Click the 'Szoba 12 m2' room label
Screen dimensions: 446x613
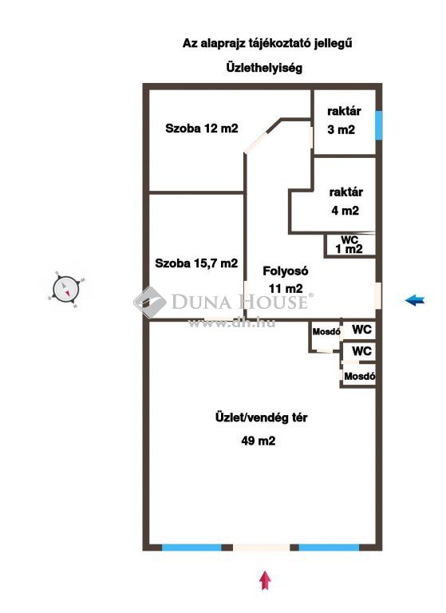pyautogui.click(x=202, y=129)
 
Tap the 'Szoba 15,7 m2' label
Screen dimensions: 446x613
pyautogui.click(x=196, y=263)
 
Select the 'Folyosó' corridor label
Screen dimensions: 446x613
pyautogui.click(x=286, y=271)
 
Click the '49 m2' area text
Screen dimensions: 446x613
pyautogui.click(x=259, y=441)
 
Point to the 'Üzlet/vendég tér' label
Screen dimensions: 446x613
pyautogui.click(x=261, y=417)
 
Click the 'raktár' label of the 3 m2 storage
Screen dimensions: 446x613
pyautogui.click(x=344, y=111)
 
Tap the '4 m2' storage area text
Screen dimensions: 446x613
pyautogui.click(x=345, y=211)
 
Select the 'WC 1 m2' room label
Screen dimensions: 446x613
pyautogui.click(x=349, y=245)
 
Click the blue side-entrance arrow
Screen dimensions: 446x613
pyautogui.click(x=415, y=300)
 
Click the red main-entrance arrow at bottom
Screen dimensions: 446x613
pyautogui.click(x=266, y=580)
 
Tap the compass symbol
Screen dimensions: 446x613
pyautogui.click(x=66, y=290)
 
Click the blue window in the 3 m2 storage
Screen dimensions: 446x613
pyautogui.click(x=378, y=125)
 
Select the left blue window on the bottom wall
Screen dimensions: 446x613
pyautogui.click(x=191, y=548)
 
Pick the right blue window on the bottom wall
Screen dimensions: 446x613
pyautogui.click(x=329, y=548)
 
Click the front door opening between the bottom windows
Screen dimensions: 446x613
pyautogui.click(x=262, y=548)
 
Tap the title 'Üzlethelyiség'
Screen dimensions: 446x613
pyautogui.click(x=264, y=68)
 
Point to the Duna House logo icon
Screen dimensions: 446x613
pyautogui.click(x=149, y=302)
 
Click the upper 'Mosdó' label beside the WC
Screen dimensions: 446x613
pyautogui.click(x=326, y=332)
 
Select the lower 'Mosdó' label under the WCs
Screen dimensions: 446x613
pyautogui.click(x=360, y=377)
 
